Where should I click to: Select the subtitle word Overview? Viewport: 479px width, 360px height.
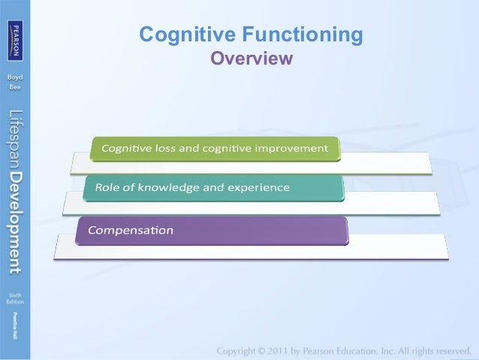(251, 58)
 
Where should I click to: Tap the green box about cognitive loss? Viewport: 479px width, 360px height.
(215, 148)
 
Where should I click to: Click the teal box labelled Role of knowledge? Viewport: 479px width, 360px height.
(213, 188)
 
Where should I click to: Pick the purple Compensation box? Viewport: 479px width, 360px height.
(212, 229)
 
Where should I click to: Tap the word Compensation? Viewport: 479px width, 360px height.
(131, 229)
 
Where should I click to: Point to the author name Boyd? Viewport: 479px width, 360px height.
(15, 77)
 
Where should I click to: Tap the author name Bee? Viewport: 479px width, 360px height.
(15, 87)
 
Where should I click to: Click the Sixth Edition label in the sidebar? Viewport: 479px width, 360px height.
(15, 298)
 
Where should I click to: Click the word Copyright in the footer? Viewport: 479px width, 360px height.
(240, 351)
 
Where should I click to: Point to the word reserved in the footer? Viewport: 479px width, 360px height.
(450, 351)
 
